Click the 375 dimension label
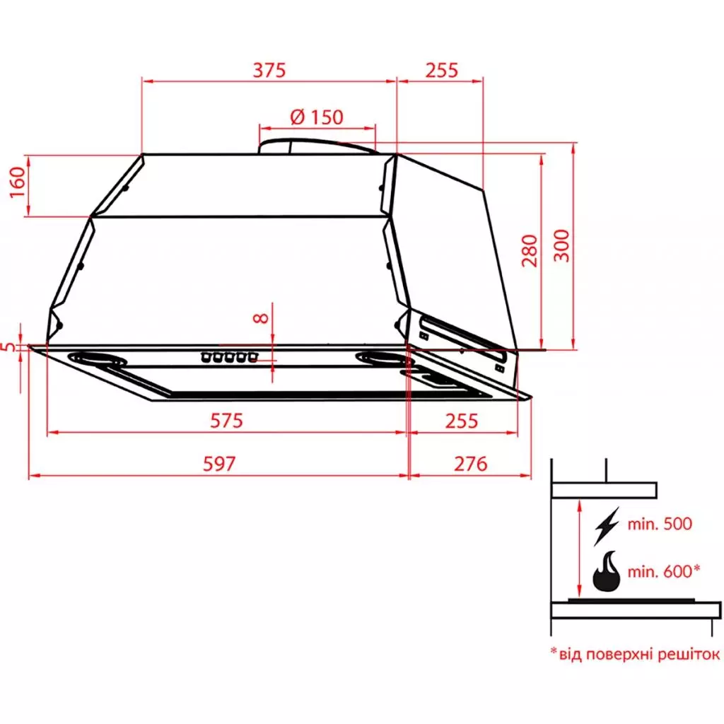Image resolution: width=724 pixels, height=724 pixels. point(269,70)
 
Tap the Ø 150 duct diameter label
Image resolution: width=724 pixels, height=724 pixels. point(317,117)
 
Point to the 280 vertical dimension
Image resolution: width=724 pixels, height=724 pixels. point(530,251)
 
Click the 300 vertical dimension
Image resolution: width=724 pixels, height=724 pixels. point(562,245)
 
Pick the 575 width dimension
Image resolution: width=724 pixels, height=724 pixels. point(226,421)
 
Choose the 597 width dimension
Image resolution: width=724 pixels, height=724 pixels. point(219,464)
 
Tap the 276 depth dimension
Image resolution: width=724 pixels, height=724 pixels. point(470,464)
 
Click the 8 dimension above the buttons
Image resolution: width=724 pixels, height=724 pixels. point(262,318)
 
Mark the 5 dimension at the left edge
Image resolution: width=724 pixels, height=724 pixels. point(8,346)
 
